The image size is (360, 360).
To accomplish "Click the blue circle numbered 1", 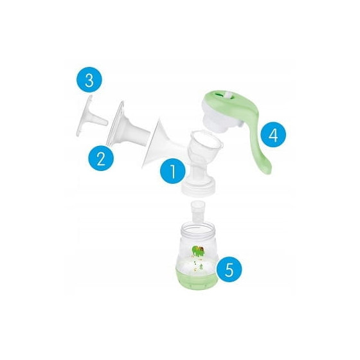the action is click(173, 171).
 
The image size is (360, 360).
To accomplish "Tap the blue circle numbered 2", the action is click(101, 158).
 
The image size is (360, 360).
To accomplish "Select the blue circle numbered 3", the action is click(89, 80).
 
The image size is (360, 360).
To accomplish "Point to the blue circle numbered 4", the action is click(274, 135).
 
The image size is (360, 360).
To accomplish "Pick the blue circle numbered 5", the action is click(230, 269).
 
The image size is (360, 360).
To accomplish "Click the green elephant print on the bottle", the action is click(198, 251).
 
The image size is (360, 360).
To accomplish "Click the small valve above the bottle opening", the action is click(196, 212).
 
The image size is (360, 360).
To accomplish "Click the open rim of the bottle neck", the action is click(198, 228).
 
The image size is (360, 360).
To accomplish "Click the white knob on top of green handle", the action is click(228, 95).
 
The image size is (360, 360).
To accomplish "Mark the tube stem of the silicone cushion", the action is click(138, 134).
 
